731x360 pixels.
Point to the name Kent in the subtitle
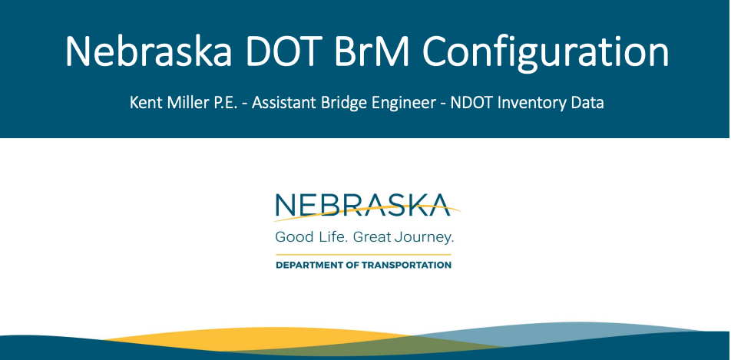pos(143,103)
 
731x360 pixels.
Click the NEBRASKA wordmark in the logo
pos(362,205)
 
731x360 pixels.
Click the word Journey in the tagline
pos(422,238)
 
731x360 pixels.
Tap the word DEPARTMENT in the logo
pos(306,266)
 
